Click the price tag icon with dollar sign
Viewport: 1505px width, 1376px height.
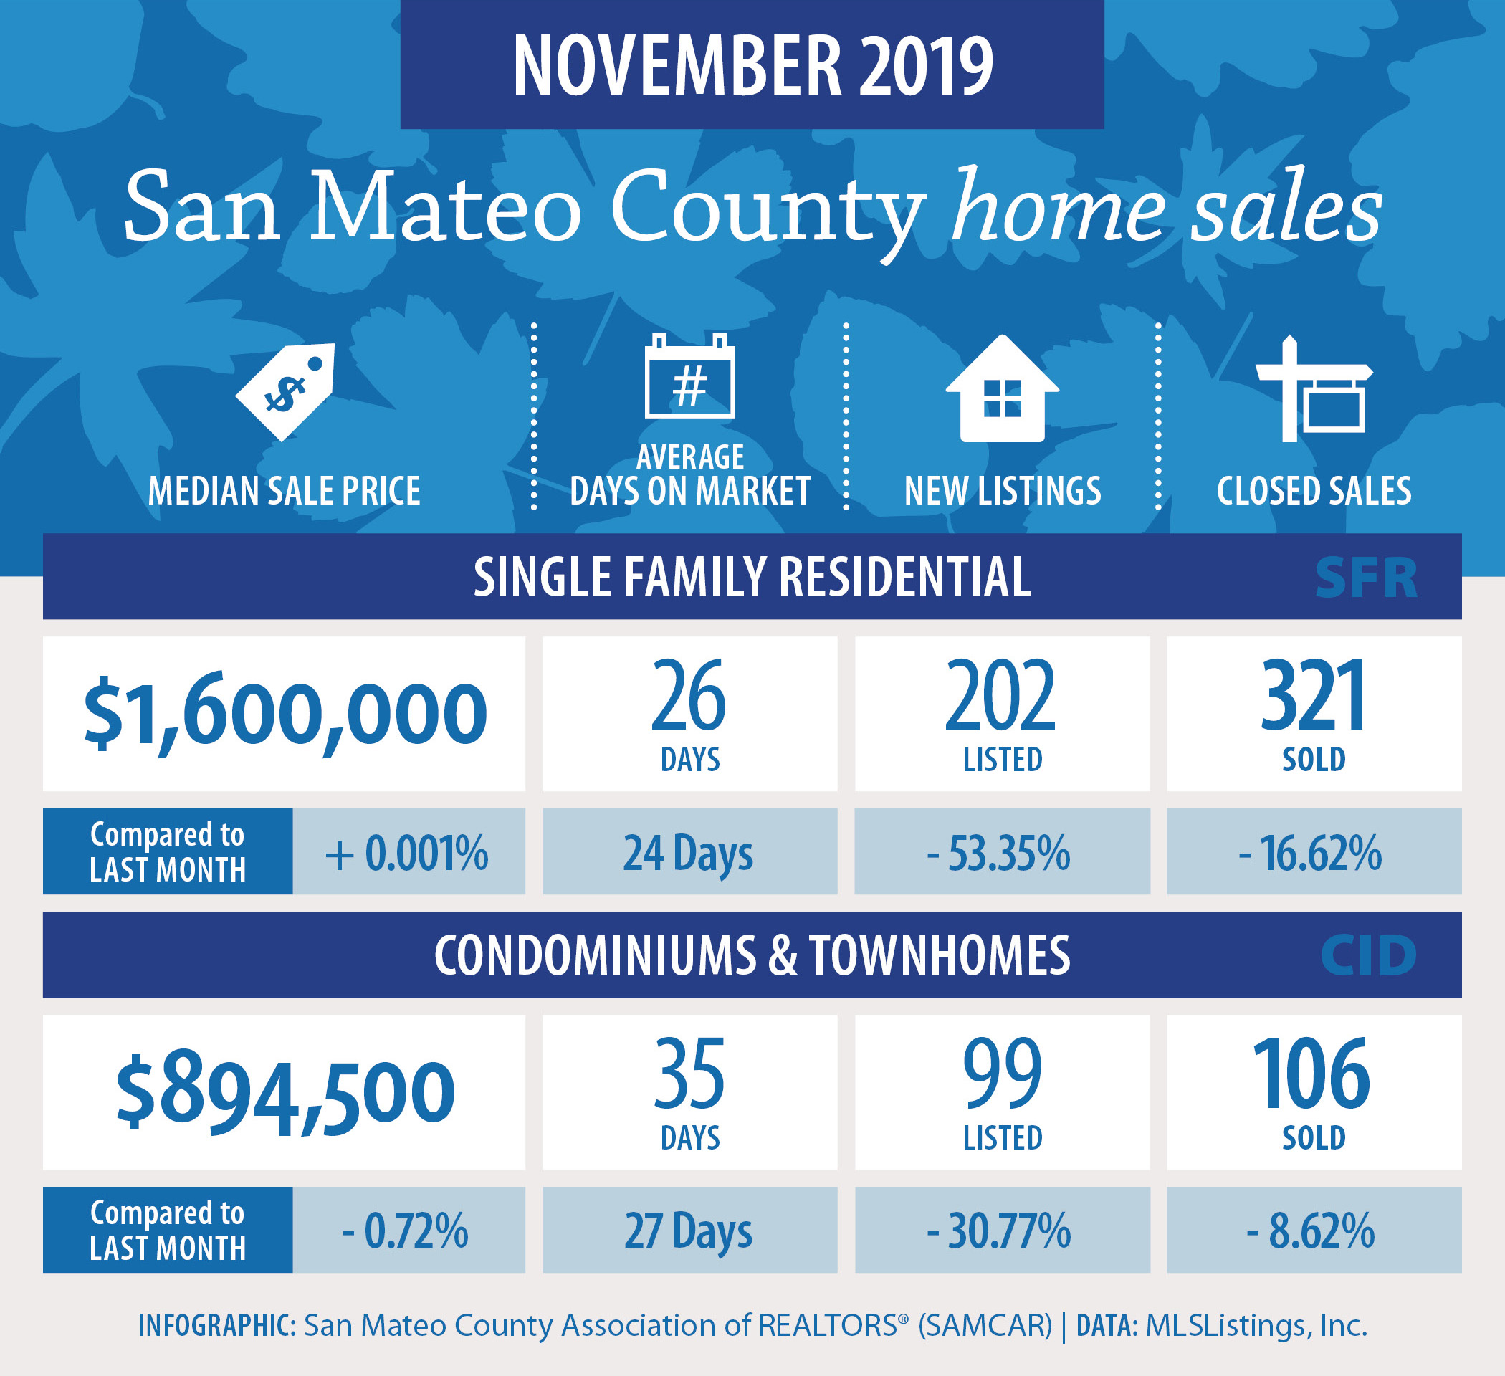285,391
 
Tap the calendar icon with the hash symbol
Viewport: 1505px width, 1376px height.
689,376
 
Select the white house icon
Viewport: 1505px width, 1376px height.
1003,388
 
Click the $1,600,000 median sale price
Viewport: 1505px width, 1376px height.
285,715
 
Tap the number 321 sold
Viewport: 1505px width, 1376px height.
1314,695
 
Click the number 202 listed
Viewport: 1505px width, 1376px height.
1001,695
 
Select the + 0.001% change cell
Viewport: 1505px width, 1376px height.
408,852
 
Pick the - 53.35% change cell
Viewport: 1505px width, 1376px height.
1002,852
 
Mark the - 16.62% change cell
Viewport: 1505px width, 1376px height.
1314,852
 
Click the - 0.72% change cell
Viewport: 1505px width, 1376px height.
408,1231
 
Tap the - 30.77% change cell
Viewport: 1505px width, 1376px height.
1002,1231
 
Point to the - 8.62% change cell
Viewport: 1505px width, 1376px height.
1314,1231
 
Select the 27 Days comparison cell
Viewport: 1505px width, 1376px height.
689,1231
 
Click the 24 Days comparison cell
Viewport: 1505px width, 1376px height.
689,852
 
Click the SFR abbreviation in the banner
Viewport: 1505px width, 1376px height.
1365,578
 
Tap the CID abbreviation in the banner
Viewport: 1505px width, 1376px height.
1367,955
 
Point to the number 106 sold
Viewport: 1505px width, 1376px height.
1311,1074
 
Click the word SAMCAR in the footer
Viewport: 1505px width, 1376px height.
985,1326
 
